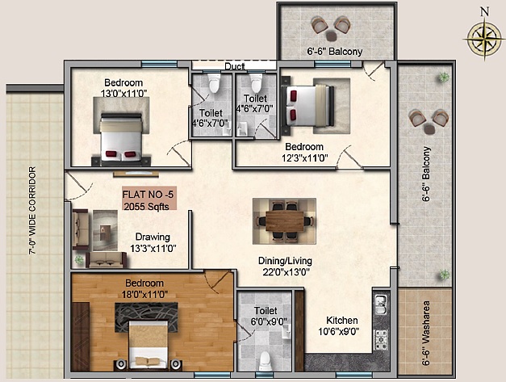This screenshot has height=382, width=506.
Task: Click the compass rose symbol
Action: point(483,39)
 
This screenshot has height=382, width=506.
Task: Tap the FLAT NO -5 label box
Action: point(149,198)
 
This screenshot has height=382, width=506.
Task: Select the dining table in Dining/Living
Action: point(284,221)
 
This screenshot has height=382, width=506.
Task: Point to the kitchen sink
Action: point(381,304)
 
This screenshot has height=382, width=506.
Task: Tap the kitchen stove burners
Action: point(381,340)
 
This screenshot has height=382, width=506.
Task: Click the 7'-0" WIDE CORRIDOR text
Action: point(32,211)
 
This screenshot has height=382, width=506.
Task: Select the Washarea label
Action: point(426,334)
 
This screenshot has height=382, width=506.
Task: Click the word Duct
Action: point(235,66)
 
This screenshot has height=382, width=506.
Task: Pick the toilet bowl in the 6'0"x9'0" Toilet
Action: point(265,361)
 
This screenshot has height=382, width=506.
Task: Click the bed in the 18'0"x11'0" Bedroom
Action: point(148,344)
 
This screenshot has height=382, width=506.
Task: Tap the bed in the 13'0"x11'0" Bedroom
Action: point(121,138)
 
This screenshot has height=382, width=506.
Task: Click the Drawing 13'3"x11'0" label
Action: point(153,242)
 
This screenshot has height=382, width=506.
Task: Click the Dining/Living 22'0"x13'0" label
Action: point(285,266)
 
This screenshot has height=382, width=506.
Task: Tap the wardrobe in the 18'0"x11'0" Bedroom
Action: point(80,337)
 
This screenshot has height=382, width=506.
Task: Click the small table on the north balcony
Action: point(332,36)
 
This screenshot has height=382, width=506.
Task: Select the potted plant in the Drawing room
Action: point(79,259)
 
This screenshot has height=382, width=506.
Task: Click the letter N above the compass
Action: point(484,11)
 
